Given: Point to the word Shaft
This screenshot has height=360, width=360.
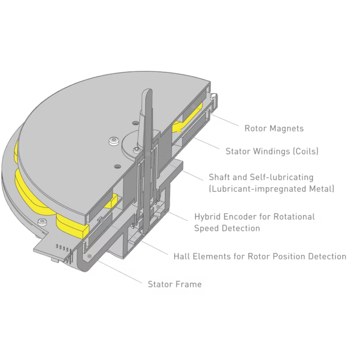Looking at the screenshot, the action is (x=219, y=177).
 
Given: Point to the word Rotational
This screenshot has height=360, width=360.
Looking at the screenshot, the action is (x=294, y=216).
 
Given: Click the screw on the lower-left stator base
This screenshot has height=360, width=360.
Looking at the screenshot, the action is (x=42, y=222).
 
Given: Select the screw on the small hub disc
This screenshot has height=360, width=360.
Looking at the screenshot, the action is (x=137, y=150).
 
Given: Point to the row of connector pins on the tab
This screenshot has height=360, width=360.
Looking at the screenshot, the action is (x=62, y=248).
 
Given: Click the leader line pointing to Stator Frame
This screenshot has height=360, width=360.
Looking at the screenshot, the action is (x=120, y=272).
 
